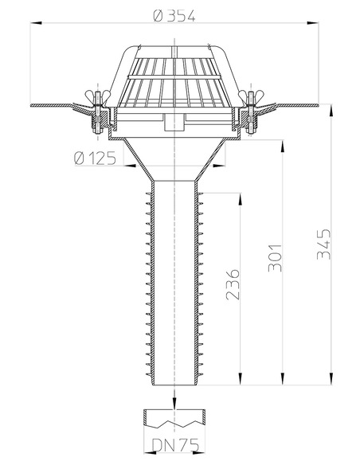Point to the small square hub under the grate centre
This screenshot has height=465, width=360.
click(173, 123)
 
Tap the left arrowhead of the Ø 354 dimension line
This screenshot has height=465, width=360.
click(34, 24)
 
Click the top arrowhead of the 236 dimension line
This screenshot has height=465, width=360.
click(239, 196)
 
